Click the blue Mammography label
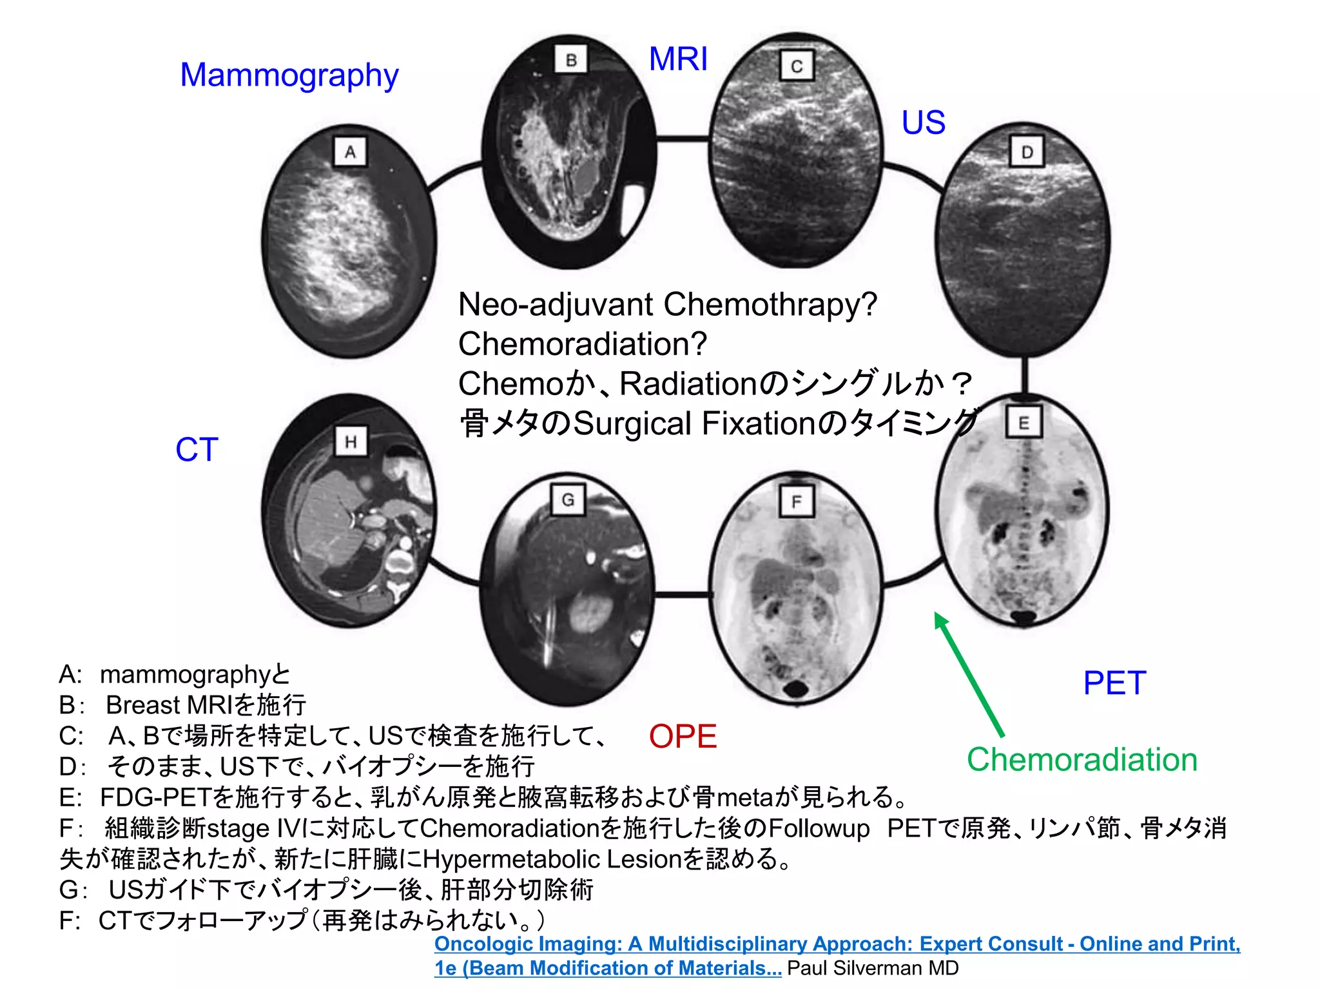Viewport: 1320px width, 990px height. click(x=289, y=76)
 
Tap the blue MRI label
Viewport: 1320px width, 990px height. click(x=678, y=59)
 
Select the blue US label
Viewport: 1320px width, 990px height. click(x=923, y=122)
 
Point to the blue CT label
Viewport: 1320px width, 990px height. click(x=197, y=449)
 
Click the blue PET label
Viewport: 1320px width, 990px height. click(x=1114, y=683)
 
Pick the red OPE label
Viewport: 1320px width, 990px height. click(x=683, y=736)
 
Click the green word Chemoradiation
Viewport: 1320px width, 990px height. click(x=1082, y=760)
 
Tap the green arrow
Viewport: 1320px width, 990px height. click(x=969, y=673)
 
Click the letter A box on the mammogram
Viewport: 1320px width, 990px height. click(x=350, y=152)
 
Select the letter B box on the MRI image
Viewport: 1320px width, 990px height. click(x=571, y=60)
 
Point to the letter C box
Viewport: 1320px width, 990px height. click(x=797, y=66)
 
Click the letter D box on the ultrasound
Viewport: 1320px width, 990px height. click(x=1026, y=152)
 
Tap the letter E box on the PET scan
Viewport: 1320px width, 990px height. click(x=1024, y=423)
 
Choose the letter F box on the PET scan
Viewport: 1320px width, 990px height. click(x=797, y=501)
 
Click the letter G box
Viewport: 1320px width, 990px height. click(x=568, y=500)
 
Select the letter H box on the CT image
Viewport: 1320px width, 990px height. click(x=351, y=442)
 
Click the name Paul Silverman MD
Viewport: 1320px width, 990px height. click(x=873, y=968)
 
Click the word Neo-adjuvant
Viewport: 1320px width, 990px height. click(x=556, y=304)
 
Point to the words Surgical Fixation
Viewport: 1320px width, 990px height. click(x=694, y=423)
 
